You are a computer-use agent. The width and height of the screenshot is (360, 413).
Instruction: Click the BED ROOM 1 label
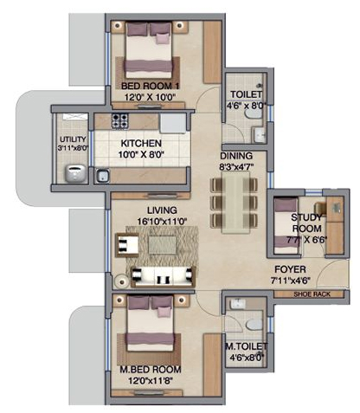coord(151,86)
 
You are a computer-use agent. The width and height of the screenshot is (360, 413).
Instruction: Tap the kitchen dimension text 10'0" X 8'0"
coord(141,155)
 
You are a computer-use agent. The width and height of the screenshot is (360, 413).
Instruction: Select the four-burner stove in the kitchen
coord(119,121)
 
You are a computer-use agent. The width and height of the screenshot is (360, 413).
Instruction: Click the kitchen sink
coord(102,176)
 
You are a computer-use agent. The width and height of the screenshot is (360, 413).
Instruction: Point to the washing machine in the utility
coord(75,173)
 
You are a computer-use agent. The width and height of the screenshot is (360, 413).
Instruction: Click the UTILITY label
coord(73,139)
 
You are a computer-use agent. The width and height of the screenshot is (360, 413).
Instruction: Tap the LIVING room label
coord(162,210)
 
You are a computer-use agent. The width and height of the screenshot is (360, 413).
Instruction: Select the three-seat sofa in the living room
coord(164,277)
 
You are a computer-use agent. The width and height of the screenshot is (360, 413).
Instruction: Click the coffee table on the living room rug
coord(162,245)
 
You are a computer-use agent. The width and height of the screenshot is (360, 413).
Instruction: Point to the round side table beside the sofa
coord(121,281)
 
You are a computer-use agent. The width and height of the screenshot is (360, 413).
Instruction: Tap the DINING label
coord(236,156)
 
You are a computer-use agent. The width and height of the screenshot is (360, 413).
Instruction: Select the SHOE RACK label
coord(312,294)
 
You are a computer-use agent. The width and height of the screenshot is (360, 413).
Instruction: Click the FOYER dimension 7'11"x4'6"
coord(291,281)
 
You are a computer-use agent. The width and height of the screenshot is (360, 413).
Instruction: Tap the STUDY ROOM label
coord(306,223)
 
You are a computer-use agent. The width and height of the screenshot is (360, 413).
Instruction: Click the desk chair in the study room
coord(320,209)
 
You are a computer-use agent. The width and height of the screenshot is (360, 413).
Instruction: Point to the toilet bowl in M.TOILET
coord(254,325)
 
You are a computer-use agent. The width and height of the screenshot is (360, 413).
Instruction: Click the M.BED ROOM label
coord(151,370)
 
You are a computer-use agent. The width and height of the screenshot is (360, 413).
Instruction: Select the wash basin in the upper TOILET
coord(260,135)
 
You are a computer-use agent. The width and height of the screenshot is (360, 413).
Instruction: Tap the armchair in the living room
coord(127,245)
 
